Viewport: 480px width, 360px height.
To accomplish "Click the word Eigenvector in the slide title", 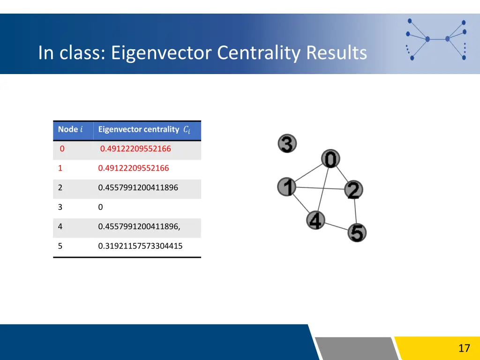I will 162,52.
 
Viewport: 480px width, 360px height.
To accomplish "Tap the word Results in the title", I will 336,52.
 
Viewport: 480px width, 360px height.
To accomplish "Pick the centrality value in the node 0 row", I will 135,149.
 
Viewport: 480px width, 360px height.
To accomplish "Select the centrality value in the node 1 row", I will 134,168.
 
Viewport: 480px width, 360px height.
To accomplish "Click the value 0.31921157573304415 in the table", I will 140,246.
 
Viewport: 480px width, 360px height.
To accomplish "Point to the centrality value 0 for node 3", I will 100,207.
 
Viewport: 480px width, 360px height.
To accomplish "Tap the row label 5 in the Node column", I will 60,246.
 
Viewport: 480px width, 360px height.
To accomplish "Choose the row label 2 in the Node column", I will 60,187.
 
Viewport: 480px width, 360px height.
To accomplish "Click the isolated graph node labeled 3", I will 287,143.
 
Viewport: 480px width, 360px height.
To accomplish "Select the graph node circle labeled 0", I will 330,159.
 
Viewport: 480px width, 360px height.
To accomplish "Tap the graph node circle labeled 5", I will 357,232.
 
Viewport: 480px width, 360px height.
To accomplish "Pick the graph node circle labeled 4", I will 316,220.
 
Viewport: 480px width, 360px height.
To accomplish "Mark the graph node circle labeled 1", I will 287,187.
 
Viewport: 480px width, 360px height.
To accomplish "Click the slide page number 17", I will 464,348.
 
